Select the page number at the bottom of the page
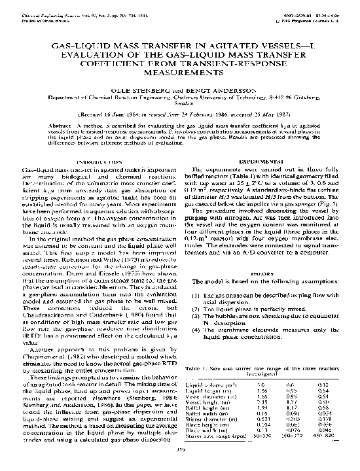click(x=179, y=450)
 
